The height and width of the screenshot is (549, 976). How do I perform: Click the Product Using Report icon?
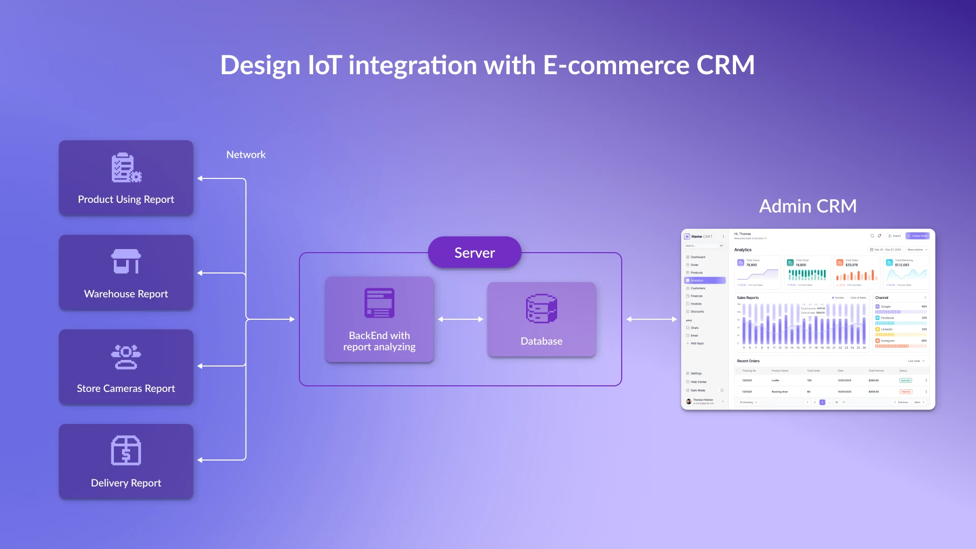point(126,168)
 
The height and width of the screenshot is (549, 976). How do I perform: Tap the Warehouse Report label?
point(126,294)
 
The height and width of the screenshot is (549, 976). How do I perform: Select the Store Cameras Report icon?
point(126,357)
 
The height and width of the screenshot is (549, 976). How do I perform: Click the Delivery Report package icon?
point(126,450)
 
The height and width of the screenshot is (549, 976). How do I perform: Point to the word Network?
point(246,155)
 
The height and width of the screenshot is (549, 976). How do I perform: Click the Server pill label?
point(474,253)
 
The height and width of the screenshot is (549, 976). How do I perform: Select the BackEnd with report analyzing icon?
point(379,303)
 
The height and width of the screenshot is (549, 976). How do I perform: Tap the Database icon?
point(541,309)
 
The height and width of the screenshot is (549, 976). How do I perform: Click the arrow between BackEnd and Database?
point(461,319)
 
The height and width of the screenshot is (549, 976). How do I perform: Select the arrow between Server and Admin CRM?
point(652,319)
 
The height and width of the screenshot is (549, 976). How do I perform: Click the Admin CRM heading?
point(808,206)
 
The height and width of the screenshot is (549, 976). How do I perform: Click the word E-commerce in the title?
point(616,65)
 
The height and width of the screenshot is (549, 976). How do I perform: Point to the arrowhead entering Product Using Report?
point(200,178)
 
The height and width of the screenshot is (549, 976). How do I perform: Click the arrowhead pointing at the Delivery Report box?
point(200,460)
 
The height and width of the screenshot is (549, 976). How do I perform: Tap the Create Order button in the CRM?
point(918,236)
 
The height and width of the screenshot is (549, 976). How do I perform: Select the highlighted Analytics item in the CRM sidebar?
point(705,281)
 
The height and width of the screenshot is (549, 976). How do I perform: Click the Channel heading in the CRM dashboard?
point(881,298)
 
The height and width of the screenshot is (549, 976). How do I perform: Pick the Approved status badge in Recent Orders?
point(905,380)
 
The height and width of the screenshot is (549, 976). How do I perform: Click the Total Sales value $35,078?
point(851,265)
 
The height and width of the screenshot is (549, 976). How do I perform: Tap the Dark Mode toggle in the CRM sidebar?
point(721,390)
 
